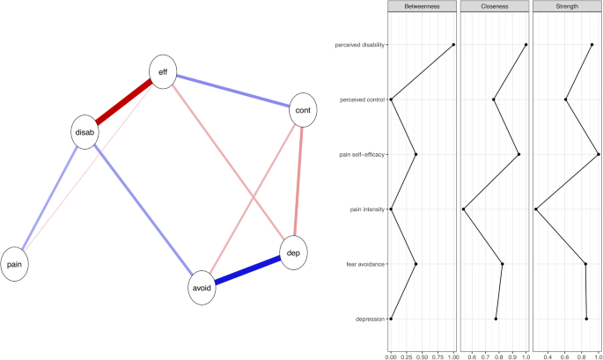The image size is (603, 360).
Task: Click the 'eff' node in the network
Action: pos(162,73)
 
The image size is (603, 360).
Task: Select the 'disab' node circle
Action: pos(85,132)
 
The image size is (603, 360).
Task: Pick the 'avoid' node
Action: pos(202,288)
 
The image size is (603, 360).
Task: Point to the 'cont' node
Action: pos(302,109)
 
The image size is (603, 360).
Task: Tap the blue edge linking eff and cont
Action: pos(232,92)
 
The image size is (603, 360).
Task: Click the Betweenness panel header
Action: pos(422,7)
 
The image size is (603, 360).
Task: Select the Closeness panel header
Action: pos(495,7)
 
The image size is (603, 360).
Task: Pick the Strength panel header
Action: pos(567,7)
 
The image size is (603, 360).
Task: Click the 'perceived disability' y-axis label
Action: pos(359,45)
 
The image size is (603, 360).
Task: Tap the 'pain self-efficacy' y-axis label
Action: pos(362,155)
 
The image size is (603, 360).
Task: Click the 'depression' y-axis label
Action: pos(369,319)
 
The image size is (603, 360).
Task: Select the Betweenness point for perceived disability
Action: pos(453,45)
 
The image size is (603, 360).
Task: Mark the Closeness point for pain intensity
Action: pos(464,209)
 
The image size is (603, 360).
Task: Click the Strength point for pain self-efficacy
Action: pos(598,155)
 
